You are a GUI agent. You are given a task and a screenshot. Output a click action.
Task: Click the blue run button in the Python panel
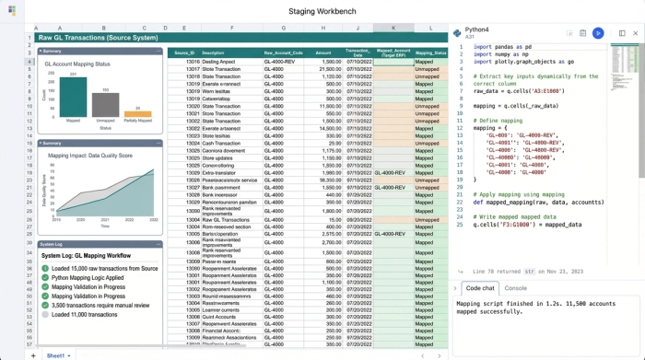(x=598, y=33)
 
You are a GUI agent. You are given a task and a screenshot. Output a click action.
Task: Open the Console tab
(x=516, y=288)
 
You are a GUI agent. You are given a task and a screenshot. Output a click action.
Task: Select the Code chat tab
(x=480, y=288)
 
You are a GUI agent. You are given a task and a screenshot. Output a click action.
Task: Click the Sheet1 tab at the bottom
(x=56, y=354)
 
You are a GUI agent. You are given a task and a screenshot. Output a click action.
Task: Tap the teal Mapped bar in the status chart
(x=74, y=99)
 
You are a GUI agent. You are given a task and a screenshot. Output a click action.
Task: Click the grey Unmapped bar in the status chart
(x=106, y=106)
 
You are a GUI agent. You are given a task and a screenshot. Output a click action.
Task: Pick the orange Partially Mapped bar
(x=137, y=114)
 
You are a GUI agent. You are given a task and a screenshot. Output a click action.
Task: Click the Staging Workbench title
(x=322, y=10)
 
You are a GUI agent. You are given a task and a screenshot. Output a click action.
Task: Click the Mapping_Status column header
(x=430, y=53)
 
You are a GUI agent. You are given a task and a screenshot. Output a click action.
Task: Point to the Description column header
(x=213, y=53)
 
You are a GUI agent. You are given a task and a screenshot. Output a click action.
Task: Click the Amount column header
(x=322, y=53)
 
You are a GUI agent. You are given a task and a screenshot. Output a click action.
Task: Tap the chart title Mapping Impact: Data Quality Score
(x=90, y=157)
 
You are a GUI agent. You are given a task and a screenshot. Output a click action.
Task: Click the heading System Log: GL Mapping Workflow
(x=86, y=255)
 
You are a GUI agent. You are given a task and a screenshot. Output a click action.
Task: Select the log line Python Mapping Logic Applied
(x=88, y=277)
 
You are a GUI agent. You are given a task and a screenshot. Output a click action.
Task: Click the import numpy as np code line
(x=503, y=53)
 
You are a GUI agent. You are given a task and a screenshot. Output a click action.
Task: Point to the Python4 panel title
(x=476, y=29)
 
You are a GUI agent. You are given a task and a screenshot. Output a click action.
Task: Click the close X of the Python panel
(x=635, y=33)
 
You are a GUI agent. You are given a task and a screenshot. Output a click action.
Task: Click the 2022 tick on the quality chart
(x=153, y=221)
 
